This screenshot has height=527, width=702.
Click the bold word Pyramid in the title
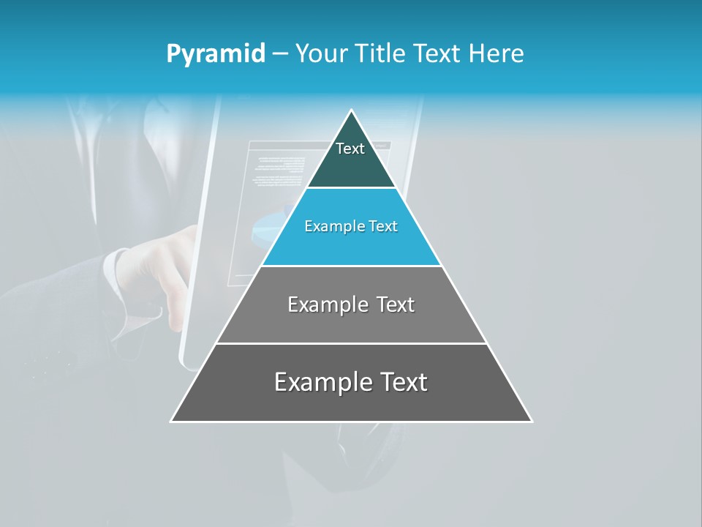click(x=216, y=53)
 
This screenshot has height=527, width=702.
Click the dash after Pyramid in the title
click(x=280, y=54)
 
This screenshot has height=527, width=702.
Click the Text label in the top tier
click(x=350, y=149)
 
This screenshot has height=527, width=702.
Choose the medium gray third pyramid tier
click(x=351, y=322)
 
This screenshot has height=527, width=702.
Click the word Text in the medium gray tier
click(x=396, y=304)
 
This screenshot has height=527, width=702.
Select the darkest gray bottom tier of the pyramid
click(x=351, y=403)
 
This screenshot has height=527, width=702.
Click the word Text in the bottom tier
click(x=401, y=382)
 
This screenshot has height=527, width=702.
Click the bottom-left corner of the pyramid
click(x=172, y=421)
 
